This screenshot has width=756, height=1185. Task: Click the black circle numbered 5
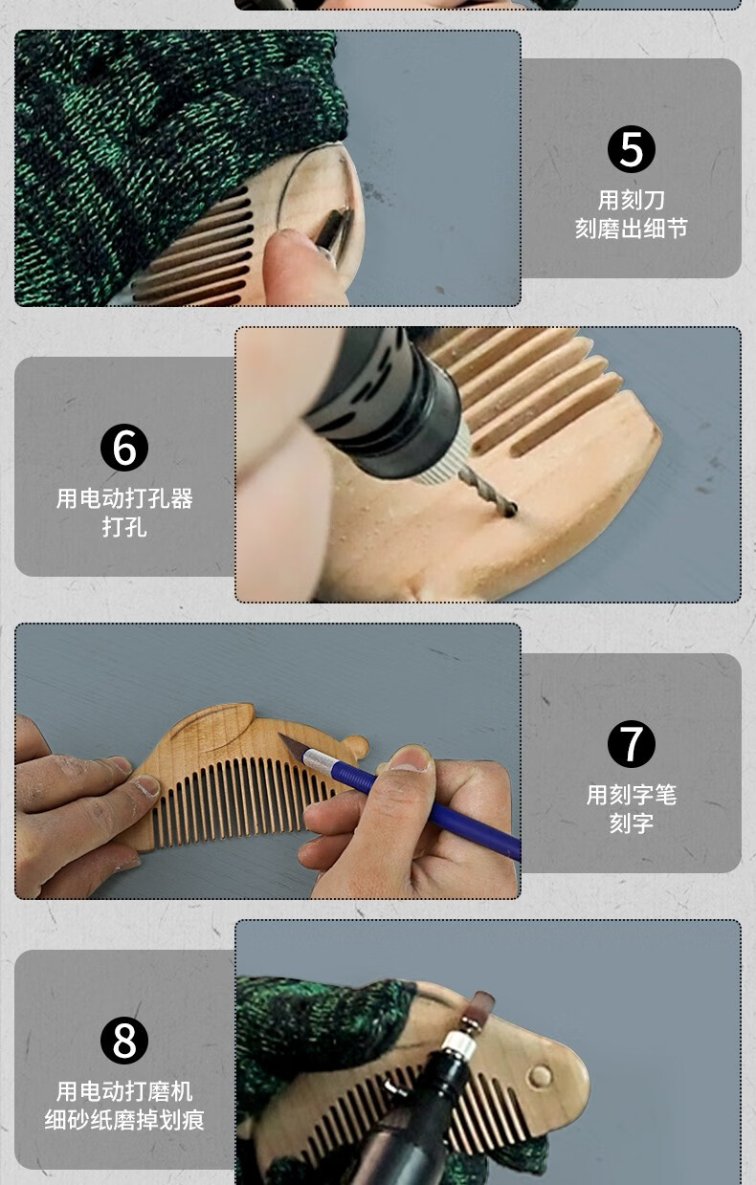[x=631, y=148]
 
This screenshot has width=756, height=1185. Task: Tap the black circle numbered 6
[x=124, y=447]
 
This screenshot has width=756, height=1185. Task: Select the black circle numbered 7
[x=631, y=743]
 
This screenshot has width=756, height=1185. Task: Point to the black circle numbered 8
[x=124, y=1040]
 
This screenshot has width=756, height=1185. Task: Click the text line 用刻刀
[x=631, y=200]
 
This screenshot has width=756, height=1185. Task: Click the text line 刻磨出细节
[x=631, y=229]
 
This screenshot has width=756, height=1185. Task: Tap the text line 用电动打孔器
[x=124, y=498]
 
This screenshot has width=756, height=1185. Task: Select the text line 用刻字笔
[x=631, y=795]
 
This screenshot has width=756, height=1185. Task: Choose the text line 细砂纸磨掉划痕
[x=124, y=1120]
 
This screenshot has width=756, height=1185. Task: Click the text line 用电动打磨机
[x=124, y=1091]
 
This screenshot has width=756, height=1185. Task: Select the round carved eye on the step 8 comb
[x=541, y=1076]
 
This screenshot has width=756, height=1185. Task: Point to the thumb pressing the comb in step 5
[x=301, y=267]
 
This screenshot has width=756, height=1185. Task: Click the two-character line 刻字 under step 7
[x=631, y=823]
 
